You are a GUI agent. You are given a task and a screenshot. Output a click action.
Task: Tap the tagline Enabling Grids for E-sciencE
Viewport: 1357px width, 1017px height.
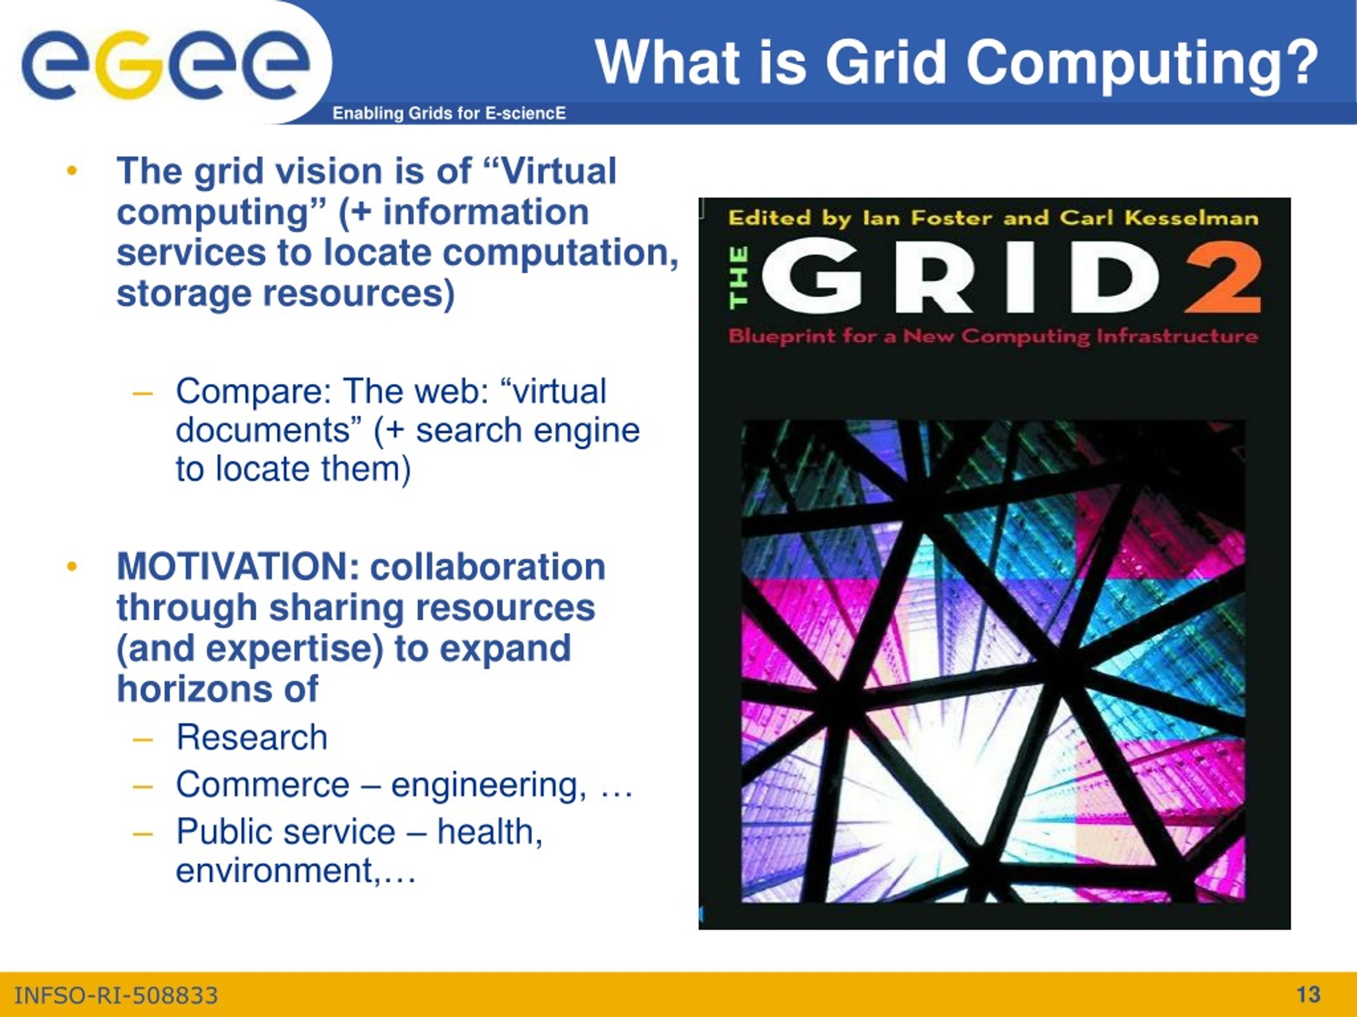[x=449, y=113]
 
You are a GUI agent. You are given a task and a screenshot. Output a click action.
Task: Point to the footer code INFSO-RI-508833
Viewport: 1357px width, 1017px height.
[x=116, y=995]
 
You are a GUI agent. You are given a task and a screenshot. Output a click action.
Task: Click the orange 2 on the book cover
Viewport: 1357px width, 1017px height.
[x=1223, y=278]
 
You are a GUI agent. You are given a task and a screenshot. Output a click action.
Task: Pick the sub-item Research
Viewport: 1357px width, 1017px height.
[x=252, y=737]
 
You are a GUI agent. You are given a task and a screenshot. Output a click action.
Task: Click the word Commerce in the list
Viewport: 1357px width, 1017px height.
[x=262, y=784]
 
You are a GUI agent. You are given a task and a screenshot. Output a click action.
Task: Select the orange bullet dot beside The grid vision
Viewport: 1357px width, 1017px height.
[x=72, y=172]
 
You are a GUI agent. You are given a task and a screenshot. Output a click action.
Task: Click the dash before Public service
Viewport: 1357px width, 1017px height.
[x=142, y=833]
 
